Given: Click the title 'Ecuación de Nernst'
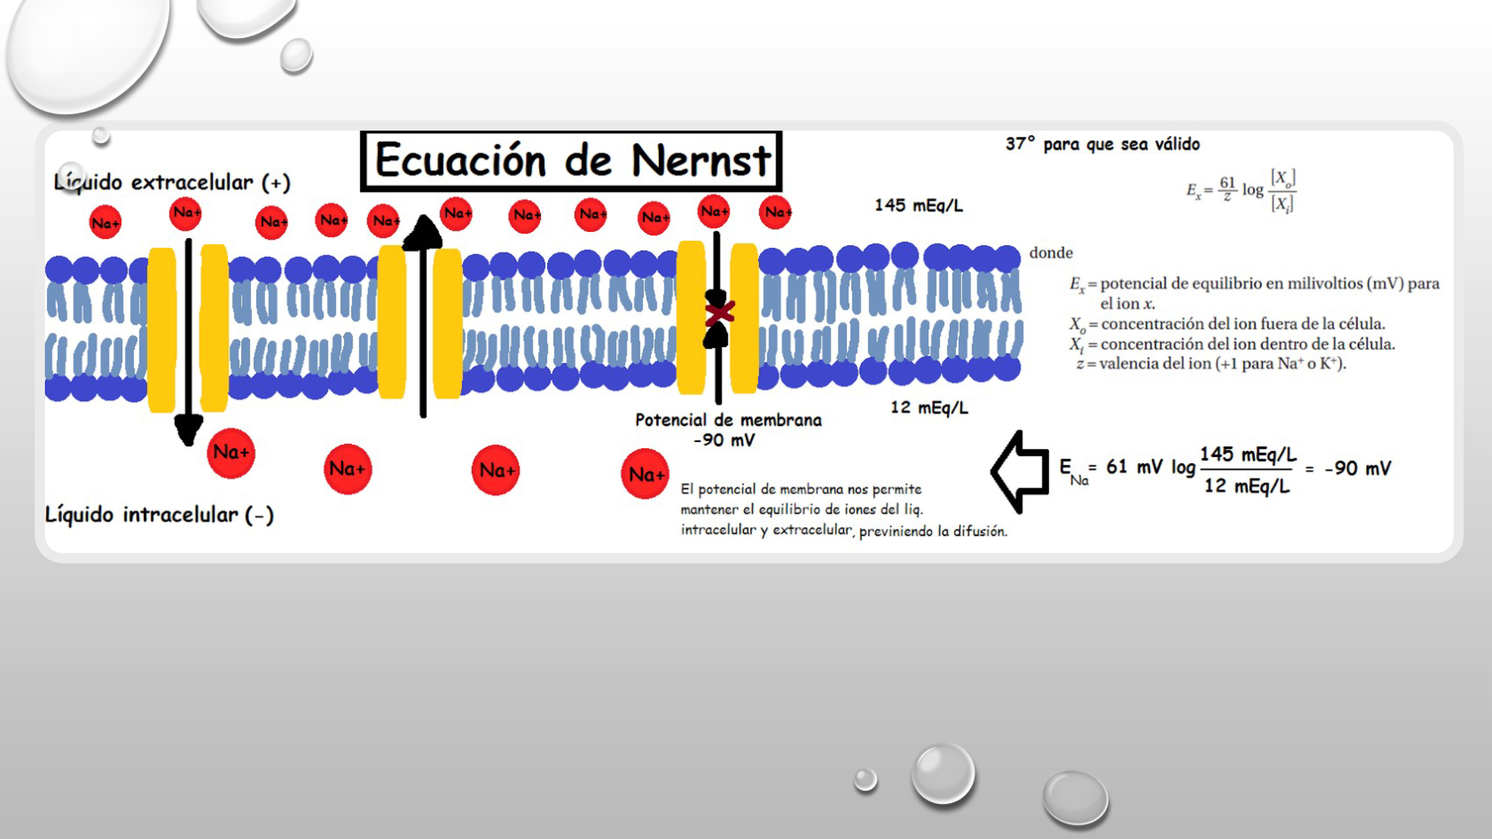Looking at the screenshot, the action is [572, 160].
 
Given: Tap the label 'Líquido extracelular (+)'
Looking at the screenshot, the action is [172, 182].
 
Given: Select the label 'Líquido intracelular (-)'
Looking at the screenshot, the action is [160, 514].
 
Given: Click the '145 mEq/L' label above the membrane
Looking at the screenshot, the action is [919, 205].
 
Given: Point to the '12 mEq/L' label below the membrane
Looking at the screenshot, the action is [929, 407].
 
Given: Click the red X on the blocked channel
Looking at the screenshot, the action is [719, 313].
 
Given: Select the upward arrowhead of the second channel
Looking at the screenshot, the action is [422, 232].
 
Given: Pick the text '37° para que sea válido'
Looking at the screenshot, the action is [1102, 144].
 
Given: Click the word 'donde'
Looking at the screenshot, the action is [1051, 253].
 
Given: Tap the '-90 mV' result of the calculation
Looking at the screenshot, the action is [1357, 468].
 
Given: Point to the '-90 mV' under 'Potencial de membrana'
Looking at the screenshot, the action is [724, 440].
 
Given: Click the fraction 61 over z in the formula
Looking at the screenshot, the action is [1227, 189].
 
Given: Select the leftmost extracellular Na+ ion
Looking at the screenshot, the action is [105, 222].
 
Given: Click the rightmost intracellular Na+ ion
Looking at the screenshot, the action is [645, 474].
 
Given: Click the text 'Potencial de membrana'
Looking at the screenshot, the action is [728, 420].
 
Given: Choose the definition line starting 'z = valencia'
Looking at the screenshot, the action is [1211, 363].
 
